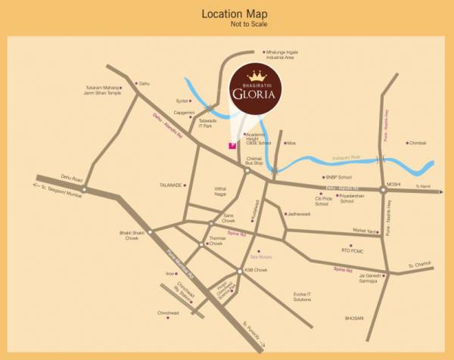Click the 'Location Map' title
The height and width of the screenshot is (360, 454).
tap(235, 14)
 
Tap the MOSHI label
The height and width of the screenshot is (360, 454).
tap(393, 184)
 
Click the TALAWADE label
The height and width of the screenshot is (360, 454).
tap(171, 184)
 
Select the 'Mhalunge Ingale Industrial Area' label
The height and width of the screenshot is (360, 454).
tap(281, 54)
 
